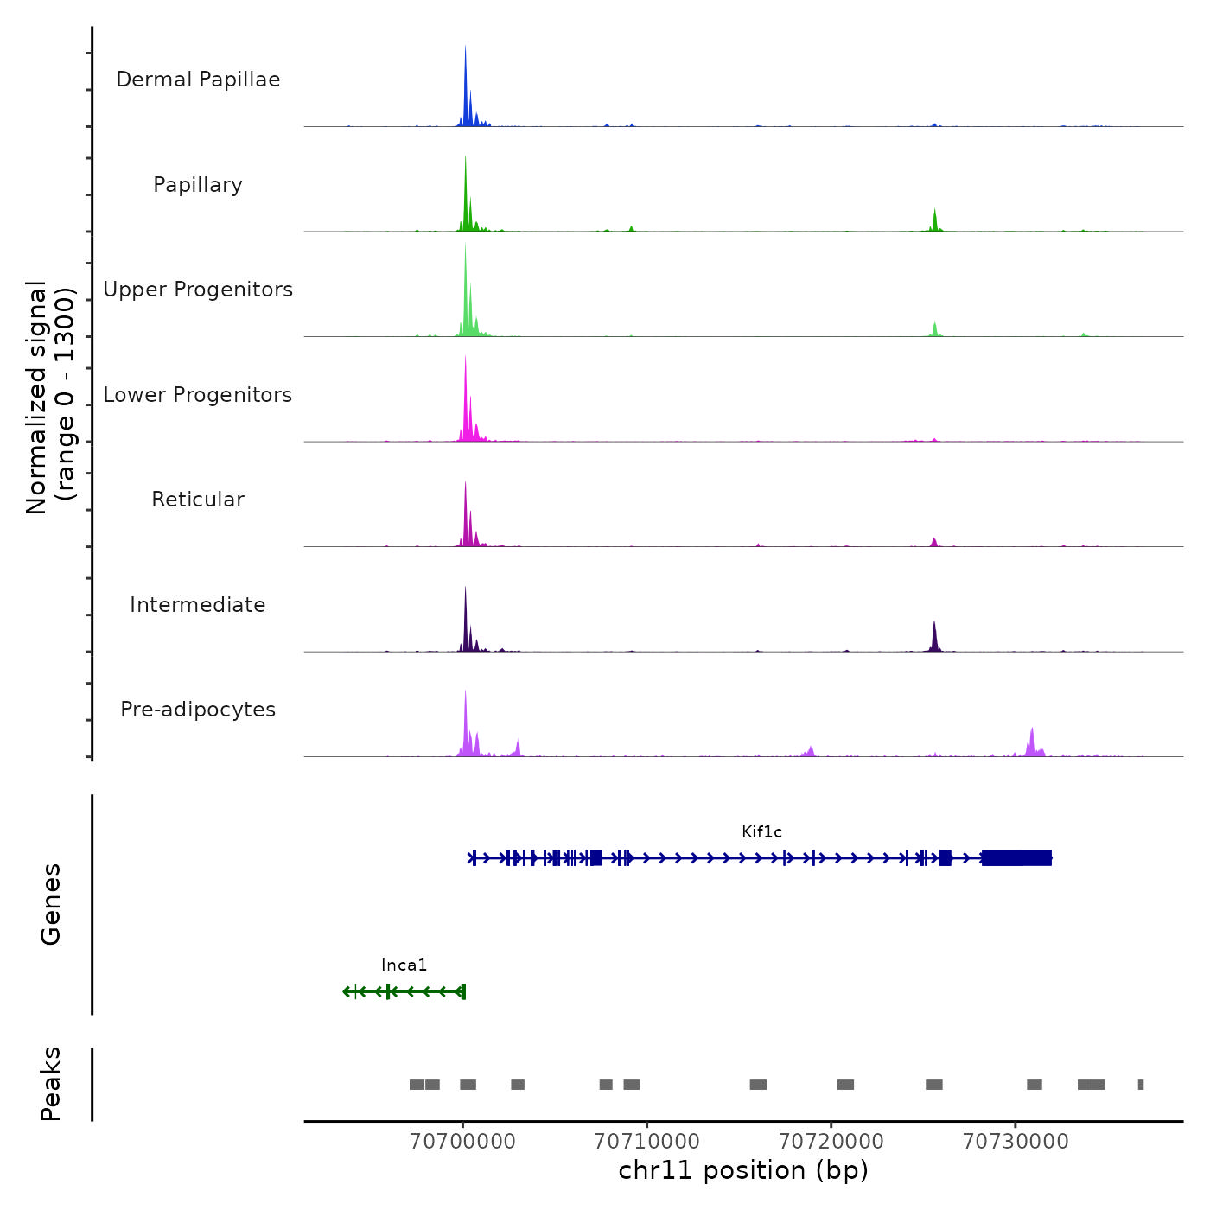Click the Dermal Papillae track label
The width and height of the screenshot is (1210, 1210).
click(x=198, y=80)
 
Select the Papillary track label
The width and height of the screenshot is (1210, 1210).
click(x=198, y=185)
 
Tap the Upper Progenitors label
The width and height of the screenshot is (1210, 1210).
click(x=198, y=290)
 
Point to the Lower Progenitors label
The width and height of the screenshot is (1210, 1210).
click(x=198, y=395)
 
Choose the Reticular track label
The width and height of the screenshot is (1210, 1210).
click(x=198, y=500)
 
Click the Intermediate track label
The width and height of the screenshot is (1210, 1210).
click(x=198, y=605)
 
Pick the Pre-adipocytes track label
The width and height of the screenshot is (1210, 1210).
click(x=198, y=710)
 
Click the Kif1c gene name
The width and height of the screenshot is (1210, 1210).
click(x=761, y=832)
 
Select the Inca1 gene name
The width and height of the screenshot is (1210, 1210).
click(x=404, y=965)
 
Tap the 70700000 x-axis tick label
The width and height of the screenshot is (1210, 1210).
click(x=462, y=1141)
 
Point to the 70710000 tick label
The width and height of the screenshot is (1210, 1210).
click(x=646, y=1141)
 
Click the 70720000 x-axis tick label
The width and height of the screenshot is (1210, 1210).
click(x=831, y=1141)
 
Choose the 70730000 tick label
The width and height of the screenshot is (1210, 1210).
click(x=1016, y=1141)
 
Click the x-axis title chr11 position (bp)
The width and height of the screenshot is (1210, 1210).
click(x=743, y=1170)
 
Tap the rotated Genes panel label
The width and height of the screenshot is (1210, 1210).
click(x=51, y=904)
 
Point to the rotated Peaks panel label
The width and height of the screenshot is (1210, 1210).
click(x=51, y=1084)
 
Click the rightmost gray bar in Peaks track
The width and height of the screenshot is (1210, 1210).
click(x=1141, y=1085)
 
